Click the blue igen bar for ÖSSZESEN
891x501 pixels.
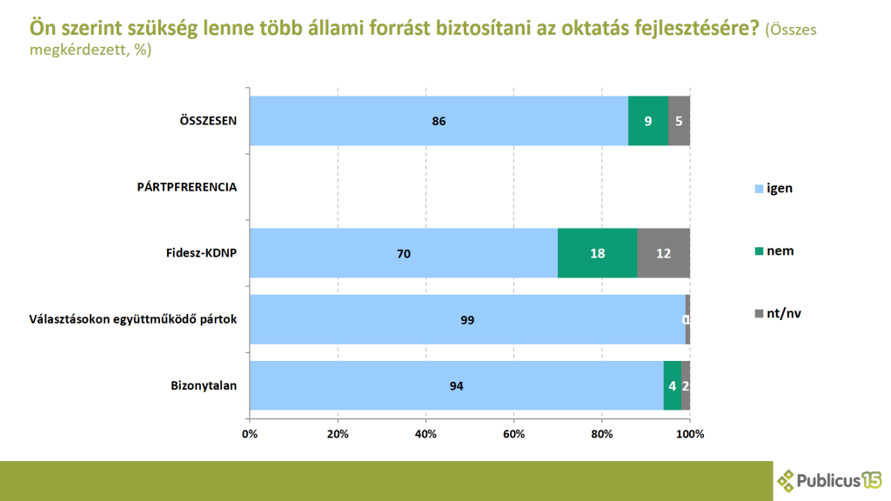tap(439, 121)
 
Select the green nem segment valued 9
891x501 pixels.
tap(648, 121)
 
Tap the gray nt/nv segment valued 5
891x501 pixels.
tap(679, 121)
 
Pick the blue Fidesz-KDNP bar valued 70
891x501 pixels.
tap(403, 253)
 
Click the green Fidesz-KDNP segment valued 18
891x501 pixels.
tap(597, 253)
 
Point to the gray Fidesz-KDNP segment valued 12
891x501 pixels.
tap(663, 253)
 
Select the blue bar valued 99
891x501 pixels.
tap(467, 319)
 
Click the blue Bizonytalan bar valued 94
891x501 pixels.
tap(456, 385)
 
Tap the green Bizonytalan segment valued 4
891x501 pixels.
tap(672, 385)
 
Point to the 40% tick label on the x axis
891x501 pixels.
tap(425, 433)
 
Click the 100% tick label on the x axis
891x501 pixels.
tap(689, 433)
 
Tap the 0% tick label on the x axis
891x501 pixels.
tap(250, 433)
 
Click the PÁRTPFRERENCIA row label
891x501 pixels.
tap(187, 186)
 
